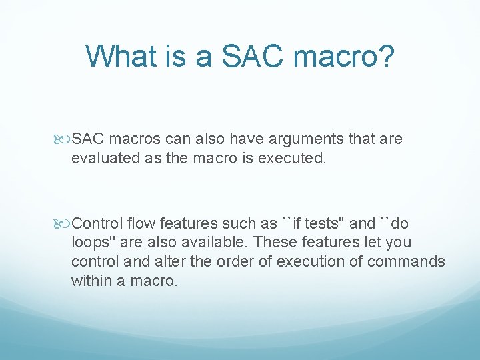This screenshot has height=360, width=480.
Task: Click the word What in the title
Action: point(121,56)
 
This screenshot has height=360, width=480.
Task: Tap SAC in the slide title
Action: point(252,56)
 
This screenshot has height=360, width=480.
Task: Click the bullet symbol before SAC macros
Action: point(62,139)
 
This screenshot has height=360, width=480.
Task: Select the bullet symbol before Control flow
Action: point(62,224)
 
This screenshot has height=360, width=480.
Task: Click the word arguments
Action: point(306,140)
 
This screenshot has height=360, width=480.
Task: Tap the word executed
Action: point(292,158)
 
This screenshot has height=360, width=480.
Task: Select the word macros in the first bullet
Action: point(135,139)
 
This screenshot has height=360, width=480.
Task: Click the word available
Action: point(214,242)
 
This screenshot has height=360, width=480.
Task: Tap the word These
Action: point(275,242)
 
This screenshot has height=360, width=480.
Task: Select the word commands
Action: point(406,262)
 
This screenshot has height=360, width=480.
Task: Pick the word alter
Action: point(170,262)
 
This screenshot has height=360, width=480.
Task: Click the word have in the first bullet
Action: point(247,139)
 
